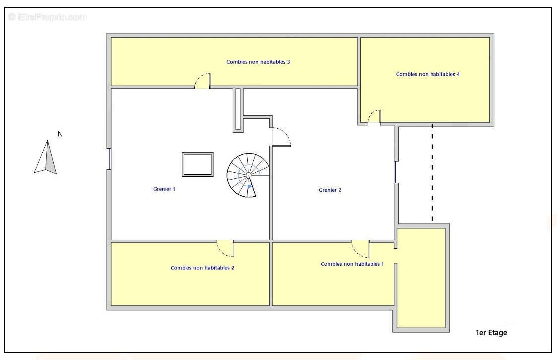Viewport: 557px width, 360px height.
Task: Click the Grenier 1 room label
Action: pyautogui.click(x=164, y=189)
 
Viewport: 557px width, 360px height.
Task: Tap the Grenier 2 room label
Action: pyautogui.click(x=330, y=190)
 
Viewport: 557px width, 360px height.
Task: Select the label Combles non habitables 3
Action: pyautogui.click(x=258, y=62)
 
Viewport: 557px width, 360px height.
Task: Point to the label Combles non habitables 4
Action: pyautogui.click(x=428, y=74)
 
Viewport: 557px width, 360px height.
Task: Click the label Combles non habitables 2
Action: pyautogui.click(x=202, y=268)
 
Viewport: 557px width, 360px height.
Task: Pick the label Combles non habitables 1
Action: pyautogui.click(x=352, y=264)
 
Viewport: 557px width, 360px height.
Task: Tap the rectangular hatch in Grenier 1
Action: pyautogui.click(x=197, y=164)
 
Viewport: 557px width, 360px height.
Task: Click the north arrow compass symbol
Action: pyautogui.click(x=46, y=157)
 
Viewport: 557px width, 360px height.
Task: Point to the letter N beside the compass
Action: pyautogui.click(x=60, y=134)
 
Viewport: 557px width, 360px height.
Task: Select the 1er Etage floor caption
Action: pyautogui.click(x=492, y=333)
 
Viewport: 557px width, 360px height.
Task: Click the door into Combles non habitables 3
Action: pyautogui.click(x=203, y=81)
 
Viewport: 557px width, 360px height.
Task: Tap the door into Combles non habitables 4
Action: pyautogui.click(x=374, y=117)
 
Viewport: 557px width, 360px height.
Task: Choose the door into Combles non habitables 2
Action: pyautogui.click(x=225, y=248)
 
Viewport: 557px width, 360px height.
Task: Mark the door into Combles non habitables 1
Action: pyautogui.click(x=361, y=249)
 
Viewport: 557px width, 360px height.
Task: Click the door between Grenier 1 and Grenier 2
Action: pyautogui.click(x=281, y=137)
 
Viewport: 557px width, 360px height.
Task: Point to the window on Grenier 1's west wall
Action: pyautogui.click(x=110, y=159)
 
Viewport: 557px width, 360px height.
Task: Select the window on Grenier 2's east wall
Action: pyautogui.click(x=395, y=172)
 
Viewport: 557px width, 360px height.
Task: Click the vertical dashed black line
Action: pyautogui.click(x=433, y=173)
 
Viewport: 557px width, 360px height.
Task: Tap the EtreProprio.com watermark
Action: pyautogui.click(x=48, y=17)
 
